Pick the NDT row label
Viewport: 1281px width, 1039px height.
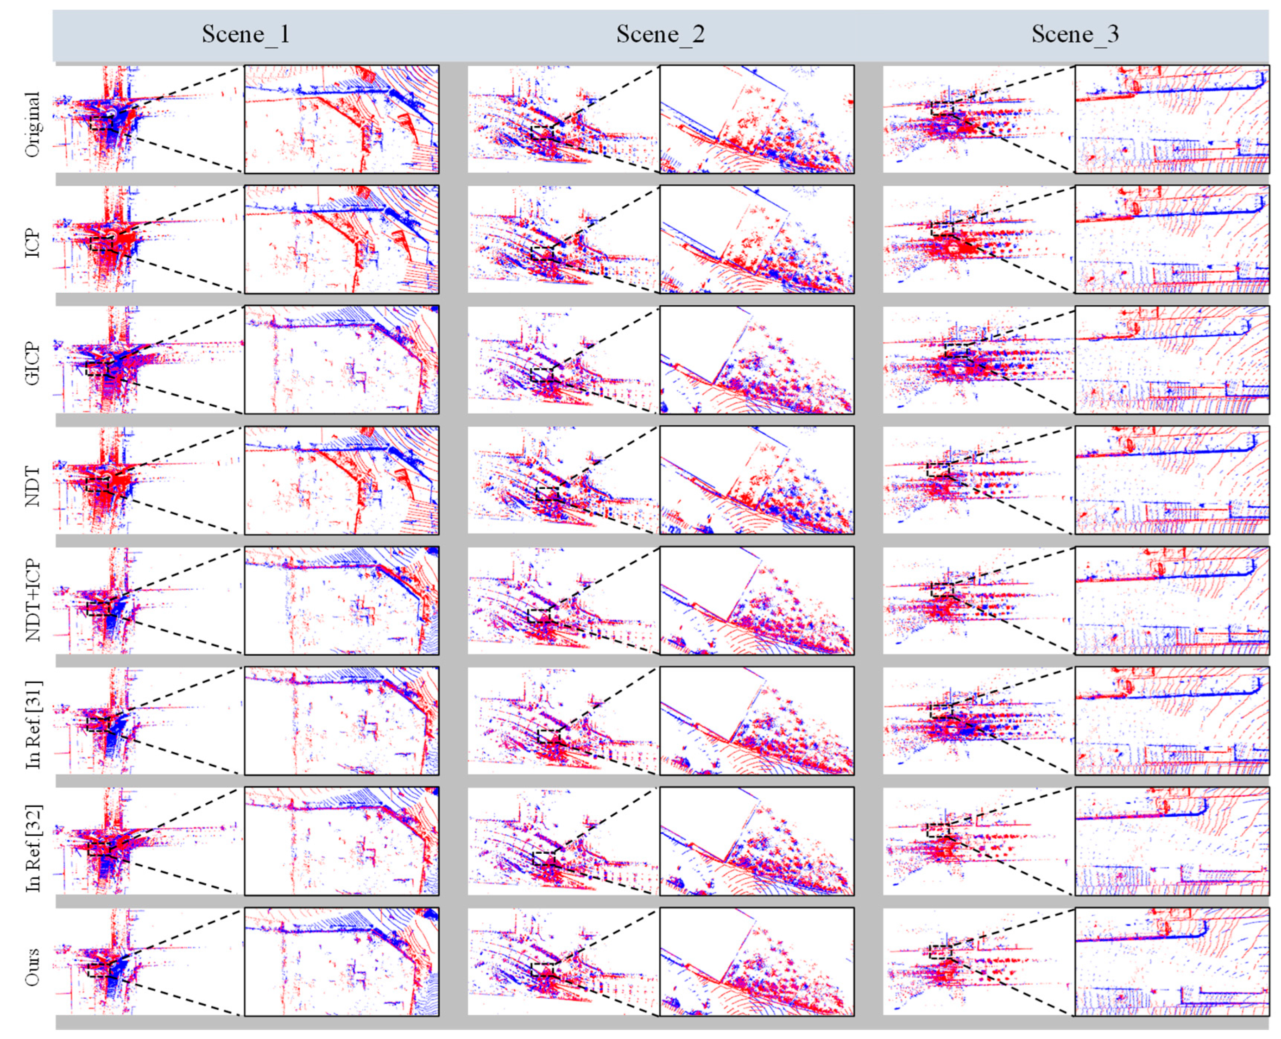point(32,486)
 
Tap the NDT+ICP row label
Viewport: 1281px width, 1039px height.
point(32,600)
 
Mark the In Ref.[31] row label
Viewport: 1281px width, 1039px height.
point(32,724)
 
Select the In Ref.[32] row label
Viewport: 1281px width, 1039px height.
point(32,848)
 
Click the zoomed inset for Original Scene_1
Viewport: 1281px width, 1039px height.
point(341,119)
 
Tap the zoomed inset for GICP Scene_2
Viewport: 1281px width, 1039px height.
point(757,360)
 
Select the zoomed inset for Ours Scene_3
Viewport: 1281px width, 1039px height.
point(1172,961)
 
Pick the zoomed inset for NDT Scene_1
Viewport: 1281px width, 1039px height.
point(341,480)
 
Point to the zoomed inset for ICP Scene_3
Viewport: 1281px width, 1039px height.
point(1172,239)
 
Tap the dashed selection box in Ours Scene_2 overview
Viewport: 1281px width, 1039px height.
point(543,970)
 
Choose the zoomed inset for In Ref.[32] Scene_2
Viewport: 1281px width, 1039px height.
point(757,841)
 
